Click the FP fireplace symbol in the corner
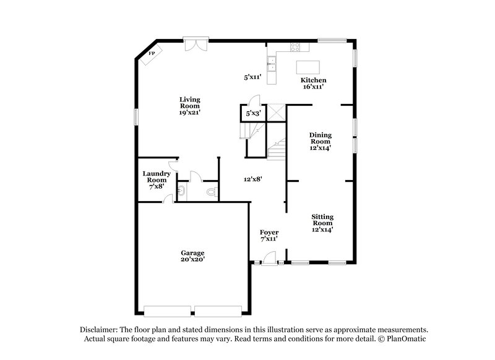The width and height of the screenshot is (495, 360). (151, 54)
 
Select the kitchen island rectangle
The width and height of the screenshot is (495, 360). (309, 66)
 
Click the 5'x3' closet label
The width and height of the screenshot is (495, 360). (253, 114)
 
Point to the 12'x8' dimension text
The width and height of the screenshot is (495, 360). (252, 179)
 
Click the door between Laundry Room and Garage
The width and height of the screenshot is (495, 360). (168, 198)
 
